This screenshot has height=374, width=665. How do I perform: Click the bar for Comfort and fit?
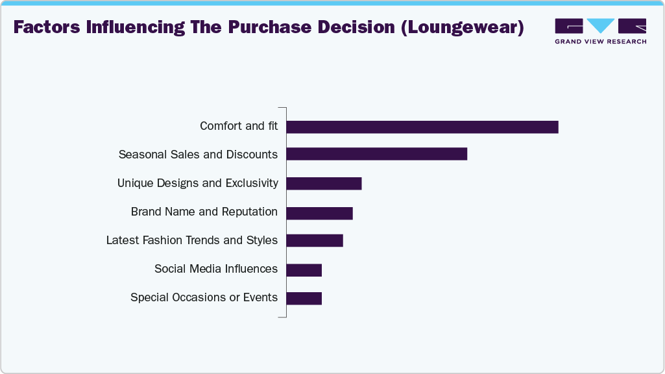pos(422,127)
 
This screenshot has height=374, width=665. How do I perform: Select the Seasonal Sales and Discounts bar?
pos(376,154)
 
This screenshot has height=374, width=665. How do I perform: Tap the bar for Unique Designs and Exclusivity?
pos(324,183)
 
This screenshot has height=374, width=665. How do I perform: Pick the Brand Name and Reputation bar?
pos(319,212)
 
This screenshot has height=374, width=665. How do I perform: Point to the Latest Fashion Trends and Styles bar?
pos(314,240)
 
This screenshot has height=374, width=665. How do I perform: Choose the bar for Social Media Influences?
pos(304,269)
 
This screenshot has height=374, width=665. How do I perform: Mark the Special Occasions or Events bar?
pos(304,298)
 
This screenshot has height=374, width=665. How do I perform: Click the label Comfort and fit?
pos(239,126)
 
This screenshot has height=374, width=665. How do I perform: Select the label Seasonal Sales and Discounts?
pos(198,155)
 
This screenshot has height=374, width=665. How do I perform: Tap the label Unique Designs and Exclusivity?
pos(197,183)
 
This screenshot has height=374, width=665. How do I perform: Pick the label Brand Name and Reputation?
pos(204,212)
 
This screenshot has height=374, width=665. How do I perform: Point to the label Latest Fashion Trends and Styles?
pos(191,240)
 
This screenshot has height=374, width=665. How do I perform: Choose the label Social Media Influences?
pos(215,269)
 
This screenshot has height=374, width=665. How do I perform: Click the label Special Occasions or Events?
pos(204,297)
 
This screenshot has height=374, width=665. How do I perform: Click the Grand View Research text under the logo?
pos(600,42)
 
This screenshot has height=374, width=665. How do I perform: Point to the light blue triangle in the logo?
pos(601,25)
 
